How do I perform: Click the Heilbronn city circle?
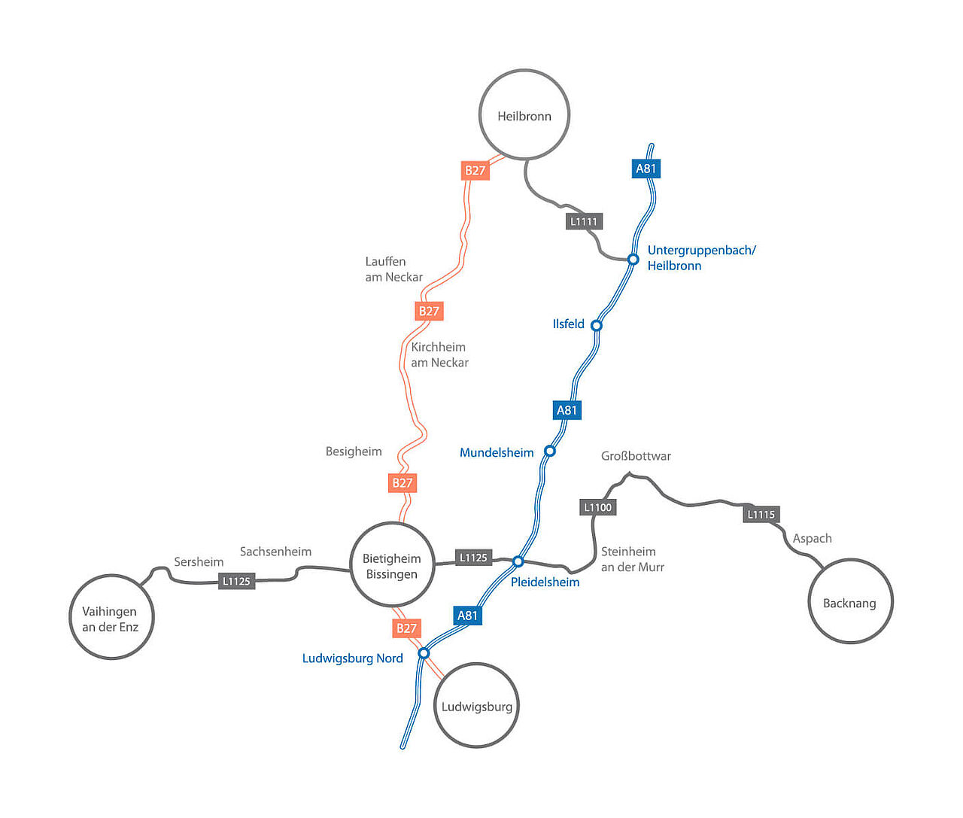[x=524, y=114]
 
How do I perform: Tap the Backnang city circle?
[x=850, y=601]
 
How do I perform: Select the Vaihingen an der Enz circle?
[x=111, y=617]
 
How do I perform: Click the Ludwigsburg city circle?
[x=476, y=705]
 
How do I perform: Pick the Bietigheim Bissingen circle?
[x=392, y=564]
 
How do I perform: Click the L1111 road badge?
[x=584, y=221]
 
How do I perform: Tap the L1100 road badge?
[x=598, y=507]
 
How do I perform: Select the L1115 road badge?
[x=761, y=515]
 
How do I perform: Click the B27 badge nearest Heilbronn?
[x=475, y=170]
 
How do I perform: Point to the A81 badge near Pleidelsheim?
[x=467, y=616]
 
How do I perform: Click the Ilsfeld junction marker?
[x=596, y=325]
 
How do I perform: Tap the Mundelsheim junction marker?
[x=549, y=451]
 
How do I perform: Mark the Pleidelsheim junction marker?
[x=518, y=561]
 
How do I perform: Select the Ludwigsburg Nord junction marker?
[x=424, y=653]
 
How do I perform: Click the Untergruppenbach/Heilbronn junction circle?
[x=633, y=259]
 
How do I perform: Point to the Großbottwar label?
[x=636, y=456]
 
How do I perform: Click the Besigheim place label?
[x=354, y=452]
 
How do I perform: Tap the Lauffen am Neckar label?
[x=393, y=269]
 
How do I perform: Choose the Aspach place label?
[x=812, y=538]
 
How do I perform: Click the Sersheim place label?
[x=199, y=562]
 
